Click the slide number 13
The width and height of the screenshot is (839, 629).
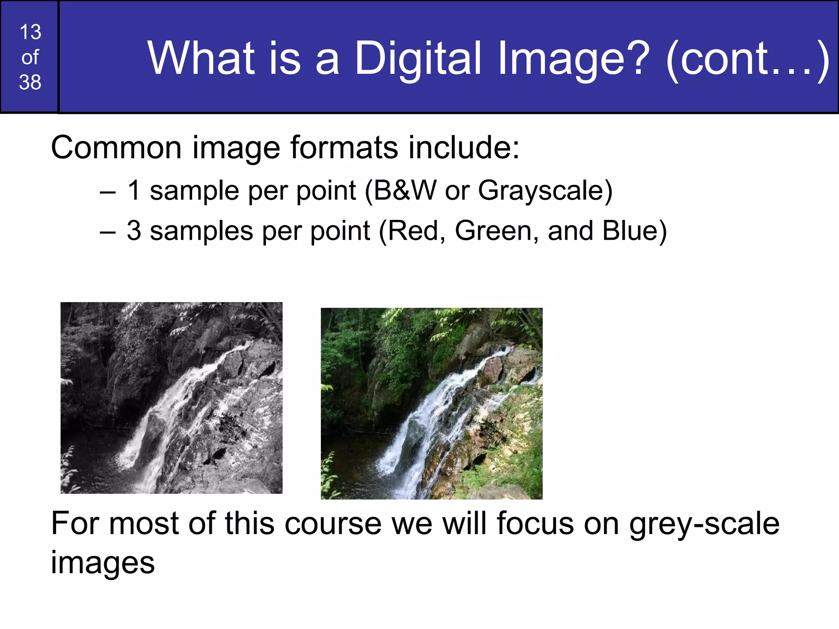coord(30,32)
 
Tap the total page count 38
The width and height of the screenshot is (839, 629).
coord(30,82)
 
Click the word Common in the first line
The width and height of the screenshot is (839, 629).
coord(116,147)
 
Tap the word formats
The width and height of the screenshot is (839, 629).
coord(344,147)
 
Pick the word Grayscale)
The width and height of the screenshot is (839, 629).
coord(545,191)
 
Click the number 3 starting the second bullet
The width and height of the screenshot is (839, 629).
coord(134,231)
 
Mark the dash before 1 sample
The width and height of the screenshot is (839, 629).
coord(108,192)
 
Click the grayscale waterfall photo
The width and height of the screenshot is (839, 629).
coord(171,398)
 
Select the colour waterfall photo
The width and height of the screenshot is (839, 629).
coord(431,403)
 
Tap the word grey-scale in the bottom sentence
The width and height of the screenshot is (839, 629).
coord(704,524)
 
